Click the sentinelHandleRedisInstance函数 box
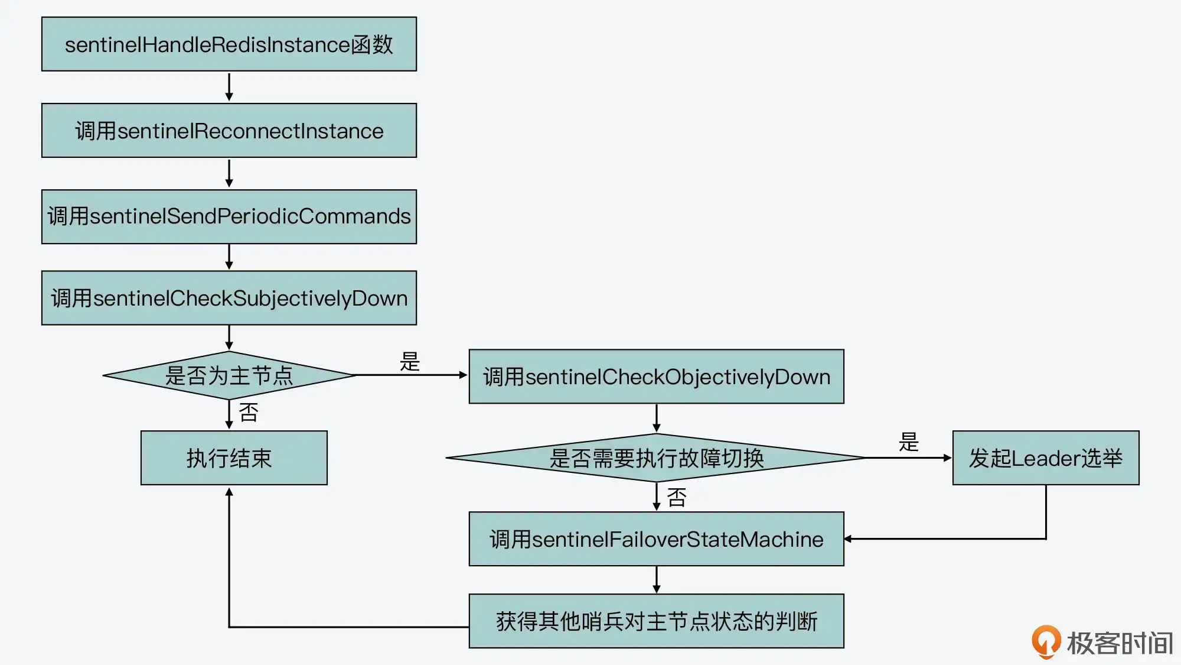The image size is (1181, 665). coord(229,44)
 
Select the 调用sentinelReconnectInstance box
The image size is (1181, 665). coord(229,131)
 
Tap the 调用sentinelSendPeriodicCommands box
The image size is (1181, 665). coord(229,216)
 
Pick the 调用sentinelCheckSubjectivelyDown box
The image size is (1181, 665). coord(229,298)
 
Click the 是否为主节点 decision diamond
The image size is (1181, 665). coord(229,375)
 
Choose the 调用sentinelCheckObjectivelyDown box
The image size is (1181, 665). coord(656,377)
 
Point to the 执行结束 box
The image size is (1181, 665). coord(234,458)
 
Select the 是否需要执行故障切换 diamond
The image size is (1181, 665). coord(656,458)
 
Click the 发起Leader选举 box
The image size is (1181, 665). coord(1045,458)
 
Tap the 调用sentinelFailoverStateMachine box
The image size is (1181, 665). coord(656,539)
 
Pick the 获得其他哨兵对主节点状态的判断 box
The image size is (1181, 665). coord(656,621)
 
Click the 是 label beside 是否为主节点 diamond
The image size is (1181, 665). coord(410,361)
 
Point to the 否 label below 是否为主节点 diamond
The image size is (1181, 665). coord(249,413)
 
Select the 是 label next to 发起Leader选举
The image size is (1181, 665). coord(909,442)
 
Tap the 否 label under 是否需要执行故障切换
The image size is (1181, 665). coord(677,498)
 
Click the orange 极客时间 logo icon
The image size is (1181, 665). coord(1046,641)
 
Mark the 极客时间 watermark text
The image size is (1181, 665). coord(1120,643)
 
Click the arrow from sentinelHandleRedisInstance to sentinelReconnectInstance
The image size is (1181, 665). coord(229,87)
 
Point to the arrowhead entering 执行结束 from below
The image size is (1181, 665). coord(229,492)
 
